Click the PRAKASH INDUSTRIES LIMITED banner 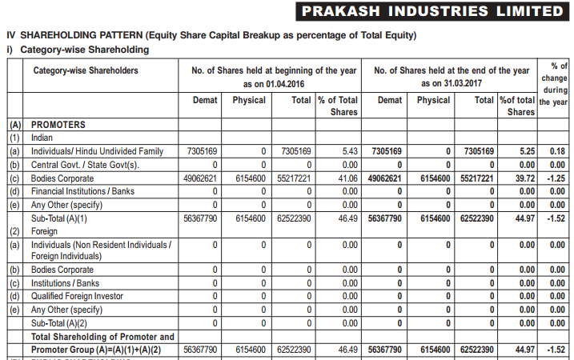tap(432, 11)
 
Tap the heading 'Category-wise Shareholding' tap(85, 50)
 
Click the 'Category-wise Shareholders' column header tap(86, 70)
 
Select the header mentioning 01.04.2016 tap(274, 77)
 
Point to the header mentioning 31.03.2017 tap(452, 77)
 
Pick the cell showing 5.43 tap(350, 151)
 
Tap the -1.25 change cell tap(556, 178)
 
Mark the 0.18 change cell tap(557, 151)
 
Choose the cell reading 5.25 tap(527, 151)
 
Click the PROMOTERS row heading tap(58, 125)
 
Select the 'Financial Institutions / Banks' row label tap(82, 191)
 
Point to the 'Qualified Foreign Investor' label tap(77, 296)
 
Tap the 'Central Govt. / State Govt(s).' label tap(86, 165)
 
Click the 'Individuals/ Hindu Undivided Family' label tap(97, 151)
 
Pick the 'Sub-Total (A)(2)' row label tap(59, 323)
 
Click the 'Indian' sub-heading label tap(42, 138)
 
